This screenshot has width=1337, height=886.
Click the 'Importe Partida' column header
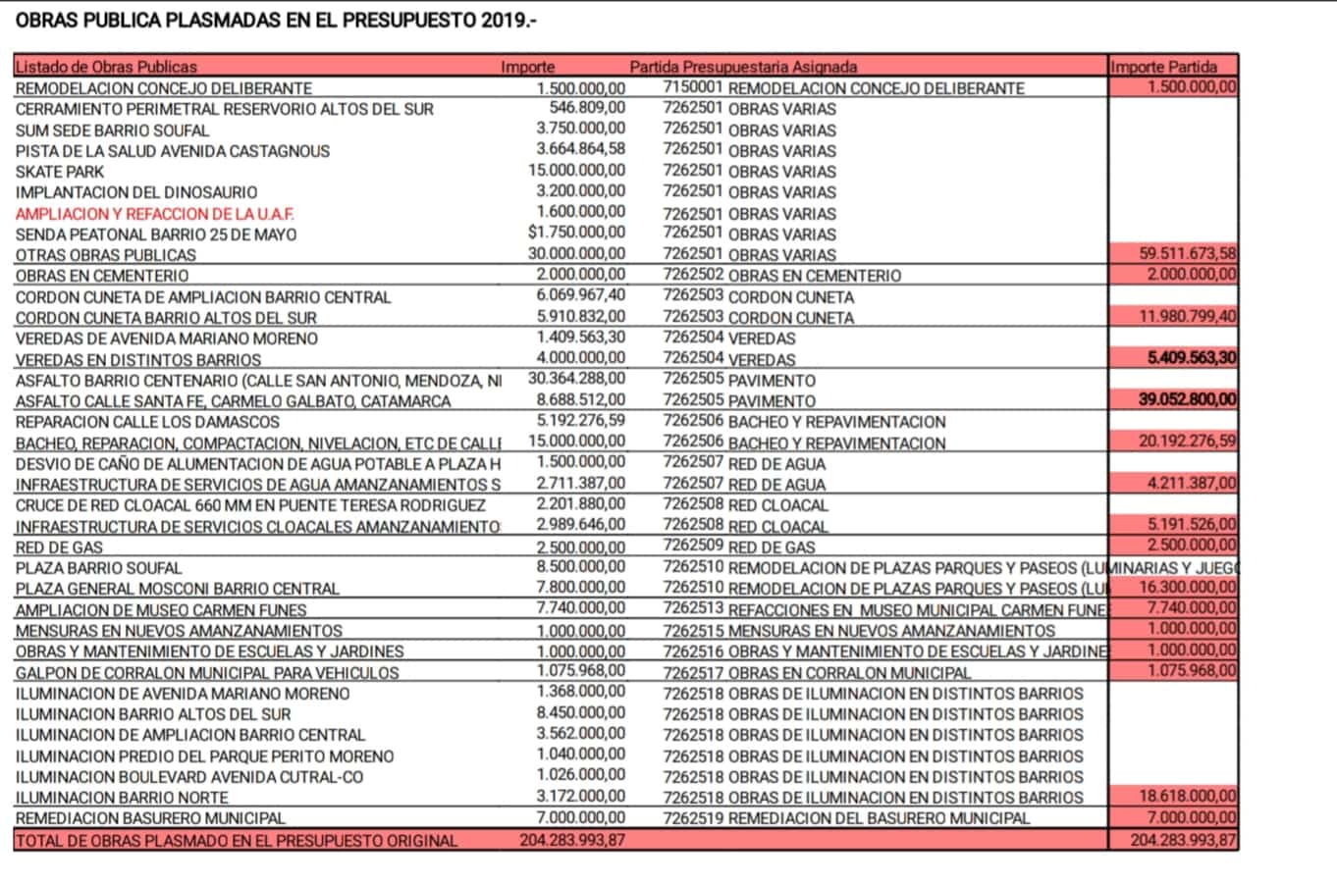click(x=1164, y=67)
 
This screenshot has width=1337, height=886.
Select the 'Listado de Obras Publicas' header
click(x=106, y=67)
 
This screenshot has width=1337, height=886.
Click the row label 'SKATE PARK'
click(x=60, y=172)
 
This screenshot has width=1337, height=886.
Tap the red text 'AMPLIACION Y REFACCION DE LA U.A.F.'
click(x=155, y=214)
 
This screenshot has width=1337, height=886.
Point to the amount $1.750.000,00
click(x=576, y=233)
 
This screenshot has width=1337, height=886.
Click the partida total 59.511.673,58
click(x=1188, y=253)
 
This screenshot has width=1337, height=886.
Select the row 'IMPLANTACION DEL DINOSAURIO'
click(x=136, y=192)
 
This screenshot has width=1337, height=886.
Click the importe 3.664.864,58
click(x=580, y=149)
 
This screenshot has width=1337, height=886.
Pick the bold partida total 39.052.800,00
click(x=1187, y=399)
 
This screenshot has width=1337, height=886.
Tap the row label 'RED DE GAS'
click(x=59, y=547)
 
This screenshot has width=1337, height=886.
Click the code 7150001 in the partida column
click(x=692, y=87)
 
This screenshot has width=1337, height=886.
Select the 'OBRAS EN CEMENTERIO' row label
click(x=102, y=276)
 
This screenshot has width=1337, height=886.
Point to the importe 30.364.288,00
click(x=576, y=379)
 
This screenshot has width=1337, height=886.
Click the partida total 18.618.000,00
click(x=1188, y=796)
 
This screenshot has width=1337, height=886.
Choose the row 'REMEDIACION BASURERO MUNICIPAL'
click(x=150, y=817)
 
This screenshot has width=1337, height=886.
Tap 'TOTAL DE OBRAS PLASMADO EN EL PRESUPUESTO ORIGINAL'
click(x=237, y=840)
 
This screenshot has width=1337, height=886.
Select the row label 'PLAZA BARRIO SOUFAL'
click(x=98, y=567)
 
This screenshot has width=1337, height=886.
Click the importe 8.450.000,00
click(x=580, y=712)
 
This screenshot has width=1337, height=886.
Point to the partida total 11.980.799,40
click(x=1188, y=316)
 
